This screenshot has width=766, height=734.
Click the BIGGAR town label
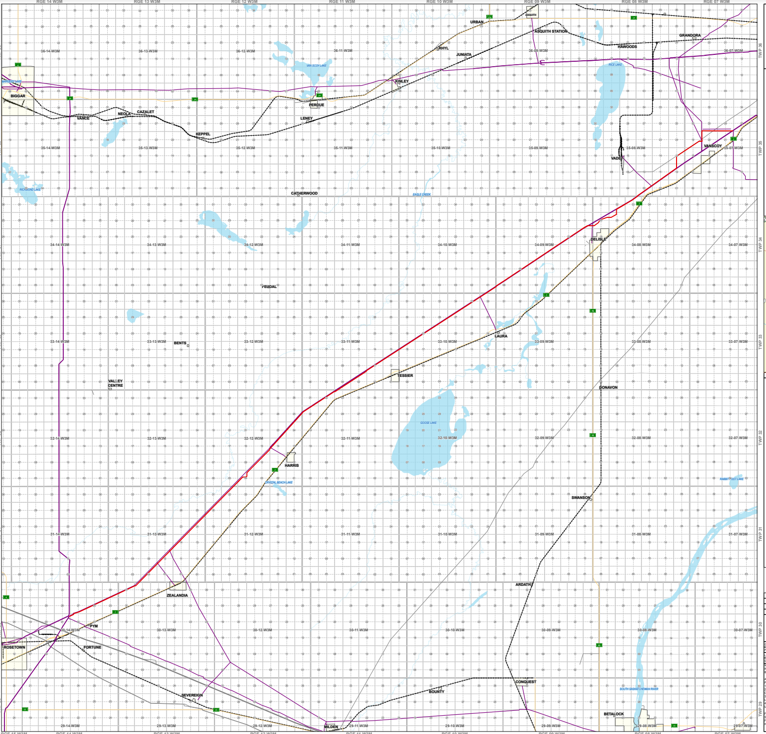18,96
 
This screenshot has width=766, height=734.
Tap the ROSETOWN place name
14,647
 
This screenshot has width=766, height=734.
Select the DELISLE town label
598,239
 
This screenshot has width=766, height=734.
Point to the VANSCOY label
713,146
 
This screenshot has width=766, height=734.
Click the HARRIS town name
292,465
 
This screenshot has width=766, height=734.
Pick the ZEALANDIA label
177,595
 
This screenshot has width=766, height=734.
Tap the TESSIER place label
405,375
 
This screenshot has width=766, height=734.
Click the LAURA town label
501,336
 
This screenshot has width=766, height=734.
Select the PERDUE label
316,105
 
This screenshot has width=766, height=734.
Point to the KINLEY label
402,81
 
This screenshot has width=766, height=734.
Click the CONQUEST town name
525,682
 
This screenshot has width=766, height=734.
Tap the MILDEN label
331,727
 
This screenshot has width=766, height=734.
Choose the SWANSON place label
581,497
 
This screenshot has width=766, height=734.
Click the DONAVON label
608,387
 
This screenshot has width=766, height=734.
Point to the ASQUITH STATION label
551,31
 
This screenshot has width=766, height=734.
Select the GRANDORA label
689,36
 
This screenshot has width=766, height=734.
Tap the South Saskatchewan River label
638,689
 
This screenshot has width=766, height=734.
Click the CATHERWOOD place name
304,193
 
